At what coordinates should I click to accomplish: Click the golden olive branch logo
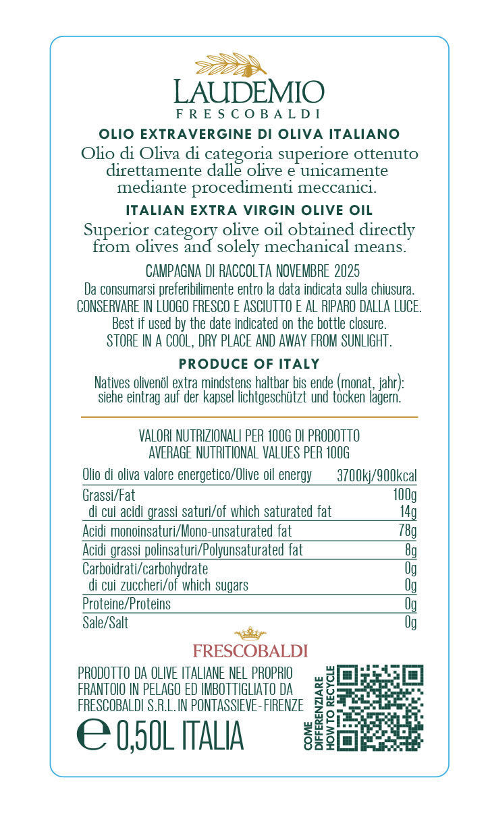pos(231,65)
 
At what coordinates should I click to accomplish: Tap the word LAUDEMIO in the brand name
pos(248,92)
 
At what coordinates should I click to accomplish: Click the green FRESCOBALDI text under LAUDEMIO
pos(248,114)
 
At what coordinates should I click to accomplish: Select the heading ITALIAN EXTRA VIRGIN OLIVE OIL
pos(249,211)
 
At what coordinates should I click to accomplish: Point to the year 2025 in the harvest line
pos(347,272)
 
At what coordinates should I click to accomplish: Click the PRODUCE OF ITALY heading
pos(249,364)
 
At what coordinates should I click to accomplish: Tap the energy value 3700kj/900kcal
pos(376,475)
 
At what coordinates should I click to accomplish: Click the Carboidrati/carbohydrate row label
pos(144,569)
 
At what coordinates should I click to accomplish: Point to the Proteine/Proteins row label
pos(126,603)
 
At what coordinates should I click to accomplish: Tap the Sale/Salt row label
pos(105,622)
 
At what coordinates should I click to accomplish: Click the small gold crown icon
pos(250,634)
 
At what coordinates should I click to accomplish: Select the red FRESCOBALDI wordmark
pos(250,651)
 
